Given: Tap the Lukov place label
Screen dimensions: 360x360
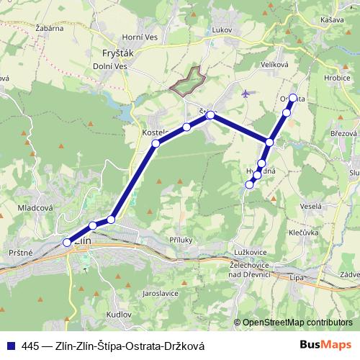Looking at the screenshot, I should (x=222, y=30).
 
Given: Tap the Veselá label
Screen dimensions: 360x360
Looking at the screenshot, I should (x=311, y=206).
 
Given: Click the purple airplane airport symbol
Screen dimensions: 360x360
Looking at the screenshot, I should (x=247, y=93).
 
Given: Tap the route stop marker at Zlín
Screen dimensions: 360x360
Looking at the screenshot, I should (x=67, y=242).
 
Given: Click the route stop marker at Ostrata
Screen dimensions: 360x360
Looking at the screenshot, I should (x=293, y=98).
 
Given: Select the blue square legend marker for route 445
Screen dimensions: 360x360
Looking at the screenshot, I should (x=12, y=346).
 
